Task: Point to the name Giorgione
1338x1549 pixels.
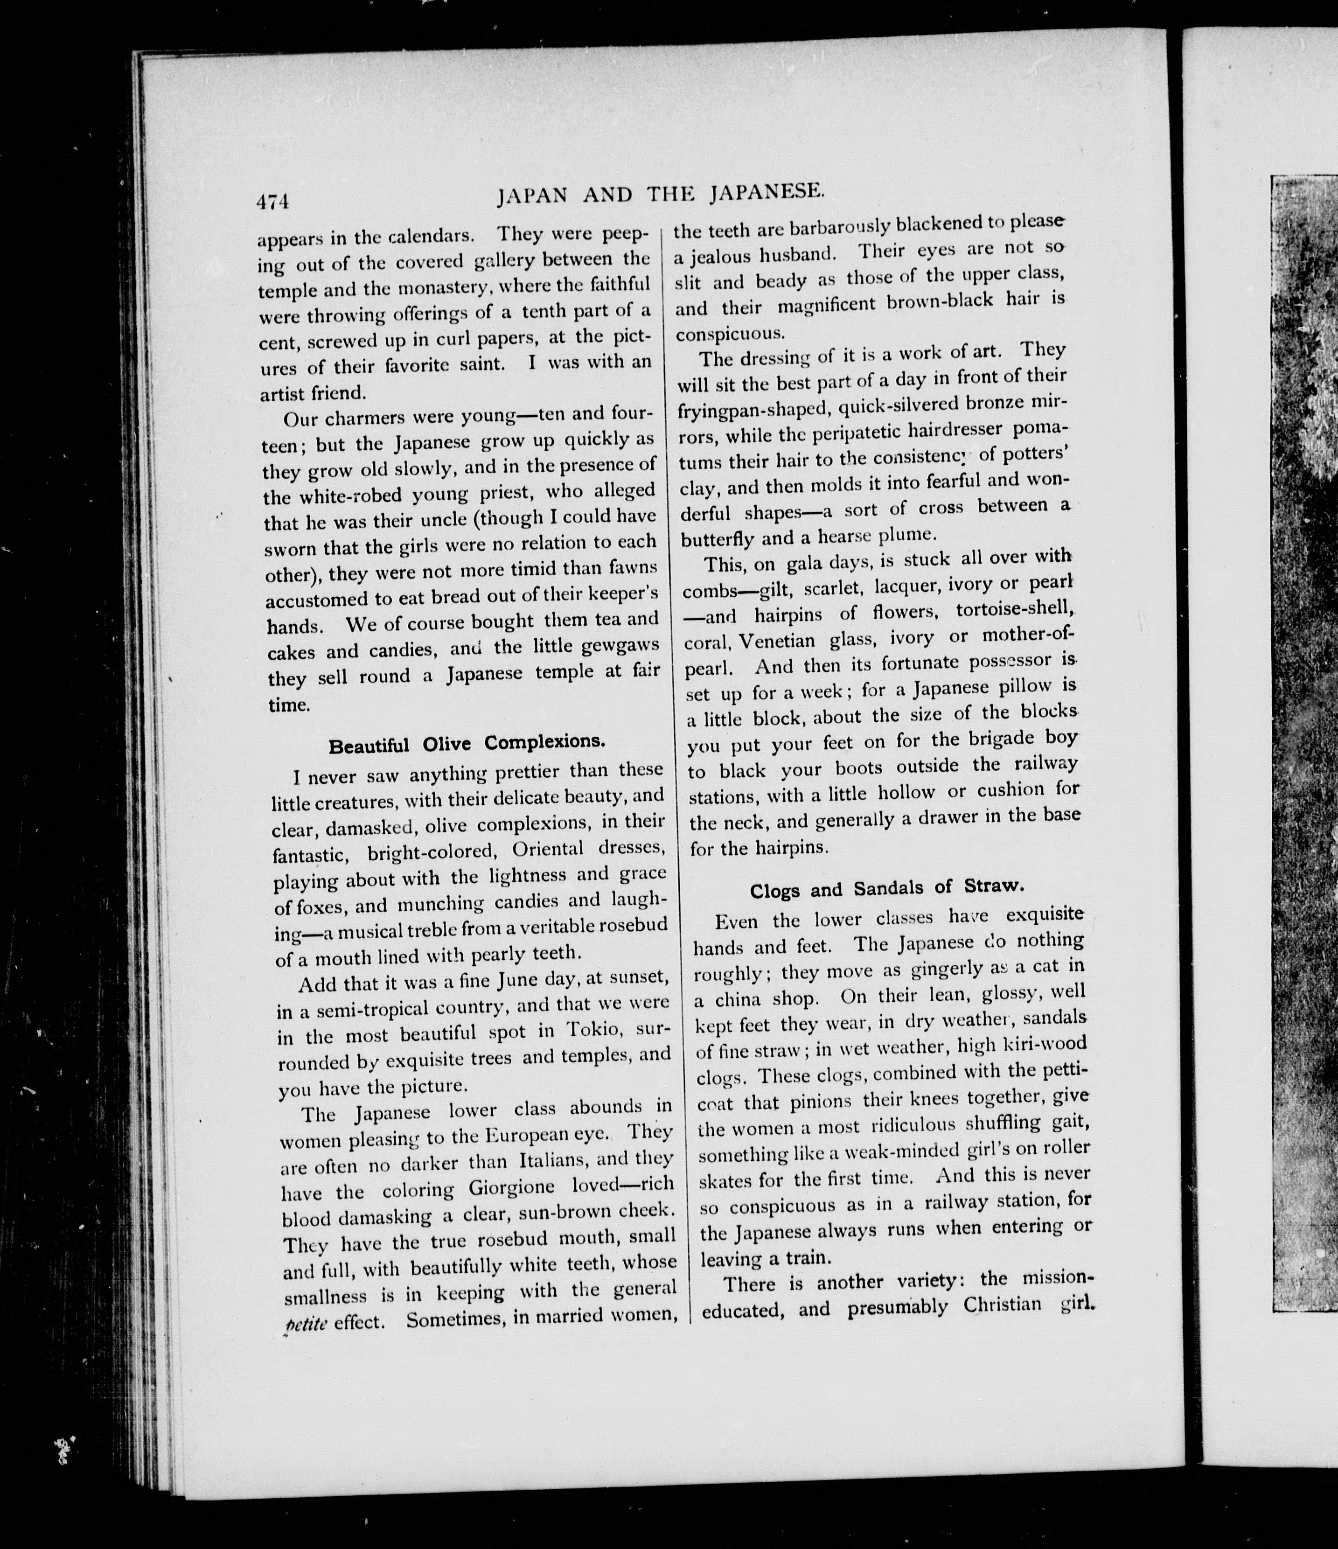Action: [511, 1187]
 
